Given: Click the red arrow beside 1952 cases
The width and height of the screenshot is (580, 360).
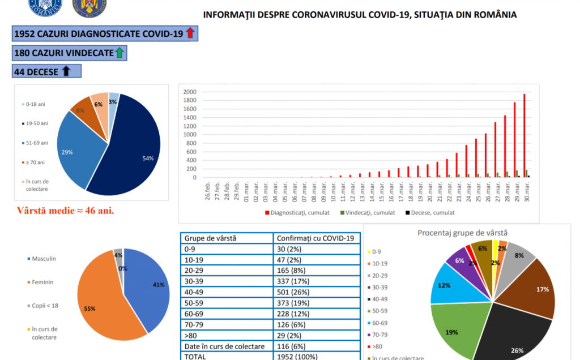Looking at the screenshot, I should pyautogui.click(x=190, y=33).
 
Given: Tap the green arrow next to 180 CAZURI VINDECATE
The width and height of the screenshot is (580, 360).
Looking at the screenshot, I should pyautogui.click(x=119, y=53).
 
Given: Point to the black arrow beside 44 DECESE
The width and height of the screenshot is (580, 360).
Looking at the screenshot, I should pyautogui.click(x=66, y=71).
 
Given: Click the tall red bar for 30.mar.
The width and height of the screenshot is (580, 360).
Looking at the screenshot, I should pyautogui.click(x=524, y=136).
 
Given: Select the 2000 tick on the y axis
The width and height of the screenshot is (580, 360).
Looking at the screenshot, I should pyautogui.click(x=190, y=92).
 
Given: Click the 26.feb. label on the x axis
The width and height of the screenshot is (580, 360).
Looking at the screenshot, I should pyautogui.click(x=208, y=191).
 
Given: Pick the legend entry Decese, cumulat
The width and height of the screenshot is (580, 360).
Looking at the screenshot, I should pyautogui.click(x=432, y=213).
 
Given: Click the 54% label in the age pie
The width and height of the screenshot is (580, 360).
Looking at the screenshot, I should pyautogui.click(x=148, y=158).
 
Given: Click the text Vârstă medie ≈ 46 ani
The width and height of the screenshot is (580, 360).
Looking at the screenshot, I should pyautogui.click(x=66, y=212).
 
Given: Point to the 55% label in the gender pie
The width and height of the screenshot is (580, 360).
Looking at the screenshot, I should pyautogui.click(x=90, y=308).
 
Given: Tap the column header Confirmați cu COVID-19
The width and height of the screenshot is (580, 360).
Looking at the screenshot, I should pyautogui.click(x=315, y=238).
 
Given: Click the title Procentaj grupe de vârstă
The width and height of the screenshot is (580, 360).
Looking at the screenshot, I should pyautogui.click(x=462, y=233).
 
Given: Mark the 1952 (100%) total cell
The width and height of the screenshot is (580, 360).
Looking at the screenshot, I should pyautogui.click(x=297, y=356).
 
